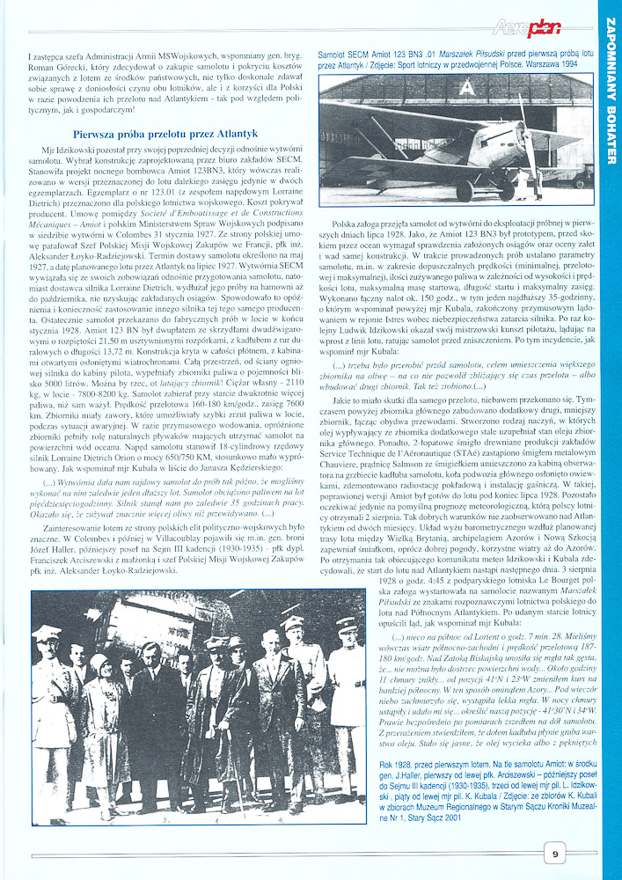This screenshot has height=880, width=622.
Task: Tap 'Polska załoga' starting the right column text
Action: pyautogui.click(x=364, y=224)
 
